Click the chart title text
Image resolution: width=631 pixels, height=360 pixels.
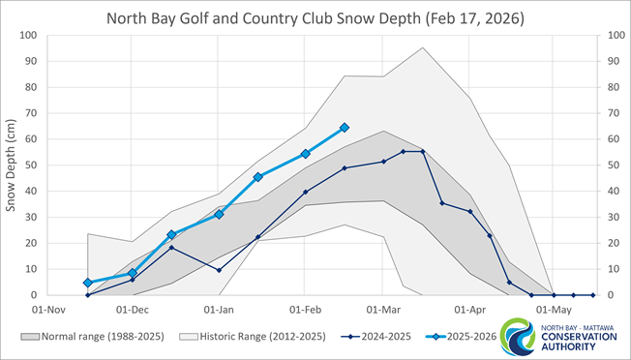tap(315, 17)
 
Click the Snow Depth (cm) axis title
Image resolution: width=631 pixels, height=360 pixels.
tap(13, 165)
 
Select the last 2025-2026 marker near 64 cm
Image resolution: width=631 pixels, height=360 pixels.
tap(345, 128)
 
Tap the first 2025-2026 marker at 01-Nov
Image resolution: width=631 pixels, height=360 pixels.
tap(88, 283)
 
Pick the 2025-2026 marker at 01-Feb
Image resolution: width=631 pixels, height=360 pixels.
tap(306, 154)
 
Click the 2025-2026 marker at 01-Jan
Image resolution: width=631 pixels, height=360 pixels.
tap(219, 214)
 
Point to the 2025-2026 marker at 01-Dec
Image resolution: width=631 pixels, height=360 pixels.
tap(133, 273)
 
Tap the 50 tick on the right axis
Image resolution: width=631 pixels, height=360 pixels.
tap(607, 165)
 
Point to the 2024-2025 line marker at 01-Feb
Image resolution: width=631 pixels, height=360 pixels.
tap(306, 192)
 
